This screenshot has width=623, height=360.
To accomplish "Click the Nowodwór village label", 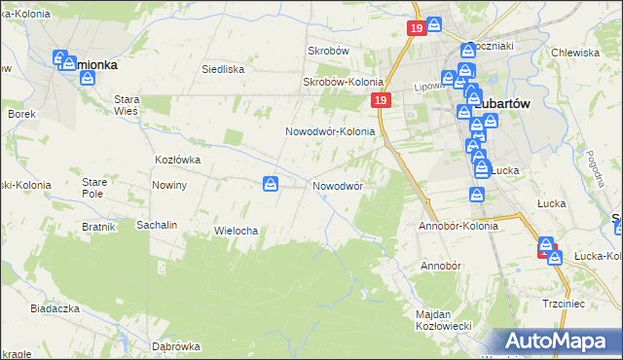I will click(338, 185).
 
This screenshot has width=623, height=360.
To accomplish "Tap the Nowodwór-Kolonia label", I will click(330, 131).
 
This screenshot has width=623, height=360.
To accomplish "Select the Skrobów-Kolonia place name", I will click(340, 82).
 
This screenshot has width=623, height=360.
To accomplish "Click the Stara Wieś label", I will click(128, 105).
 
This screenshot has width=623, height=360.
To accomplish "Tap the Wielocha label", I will click(235, 231).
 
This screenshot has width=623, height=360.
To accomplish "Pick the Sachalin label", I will click(157, 225).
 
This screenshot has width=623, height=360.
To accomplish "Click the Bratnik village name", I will click(99, 227).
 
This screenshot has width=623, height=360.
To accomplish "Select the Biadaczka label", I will click(55, 307).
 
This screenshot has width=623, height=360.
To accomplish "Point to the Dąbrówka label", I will click(176, 346).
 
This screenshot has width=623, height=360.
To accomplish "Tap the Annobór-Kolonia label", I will click(458, 226).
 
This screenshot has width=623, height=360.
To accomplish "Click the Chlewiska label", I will click(573, 53).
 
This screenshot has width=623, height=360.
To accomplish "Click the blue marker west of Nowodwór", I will click(272, 183).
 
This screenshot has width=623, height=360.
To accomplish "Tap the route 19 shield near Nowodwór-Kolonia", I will click(380, 101).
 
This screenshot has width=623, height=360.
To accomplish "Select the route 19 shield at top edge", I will click(416, 29).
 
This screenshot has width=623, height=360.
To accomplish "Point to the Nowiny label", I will click(169, 185).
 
